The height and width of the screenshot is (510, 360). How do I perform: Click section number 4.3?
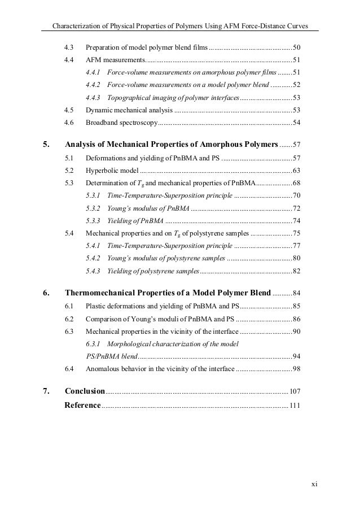click(69, 46)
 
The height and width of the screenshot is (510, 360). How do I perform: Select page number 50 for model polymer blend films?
click(297, 46)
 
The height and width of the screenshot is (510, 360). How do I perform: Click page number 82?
click(297, 271)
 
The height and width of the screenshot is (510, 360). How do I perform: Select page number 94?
click(297, 356)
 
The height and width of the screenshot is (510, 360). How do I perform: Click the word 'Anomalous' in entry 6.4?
click(103, 369)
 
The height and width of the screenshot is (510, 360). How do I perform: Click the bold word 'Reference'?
click(83, 405)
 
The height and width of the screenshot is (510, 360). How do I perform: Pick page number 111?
click(296, 406)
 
